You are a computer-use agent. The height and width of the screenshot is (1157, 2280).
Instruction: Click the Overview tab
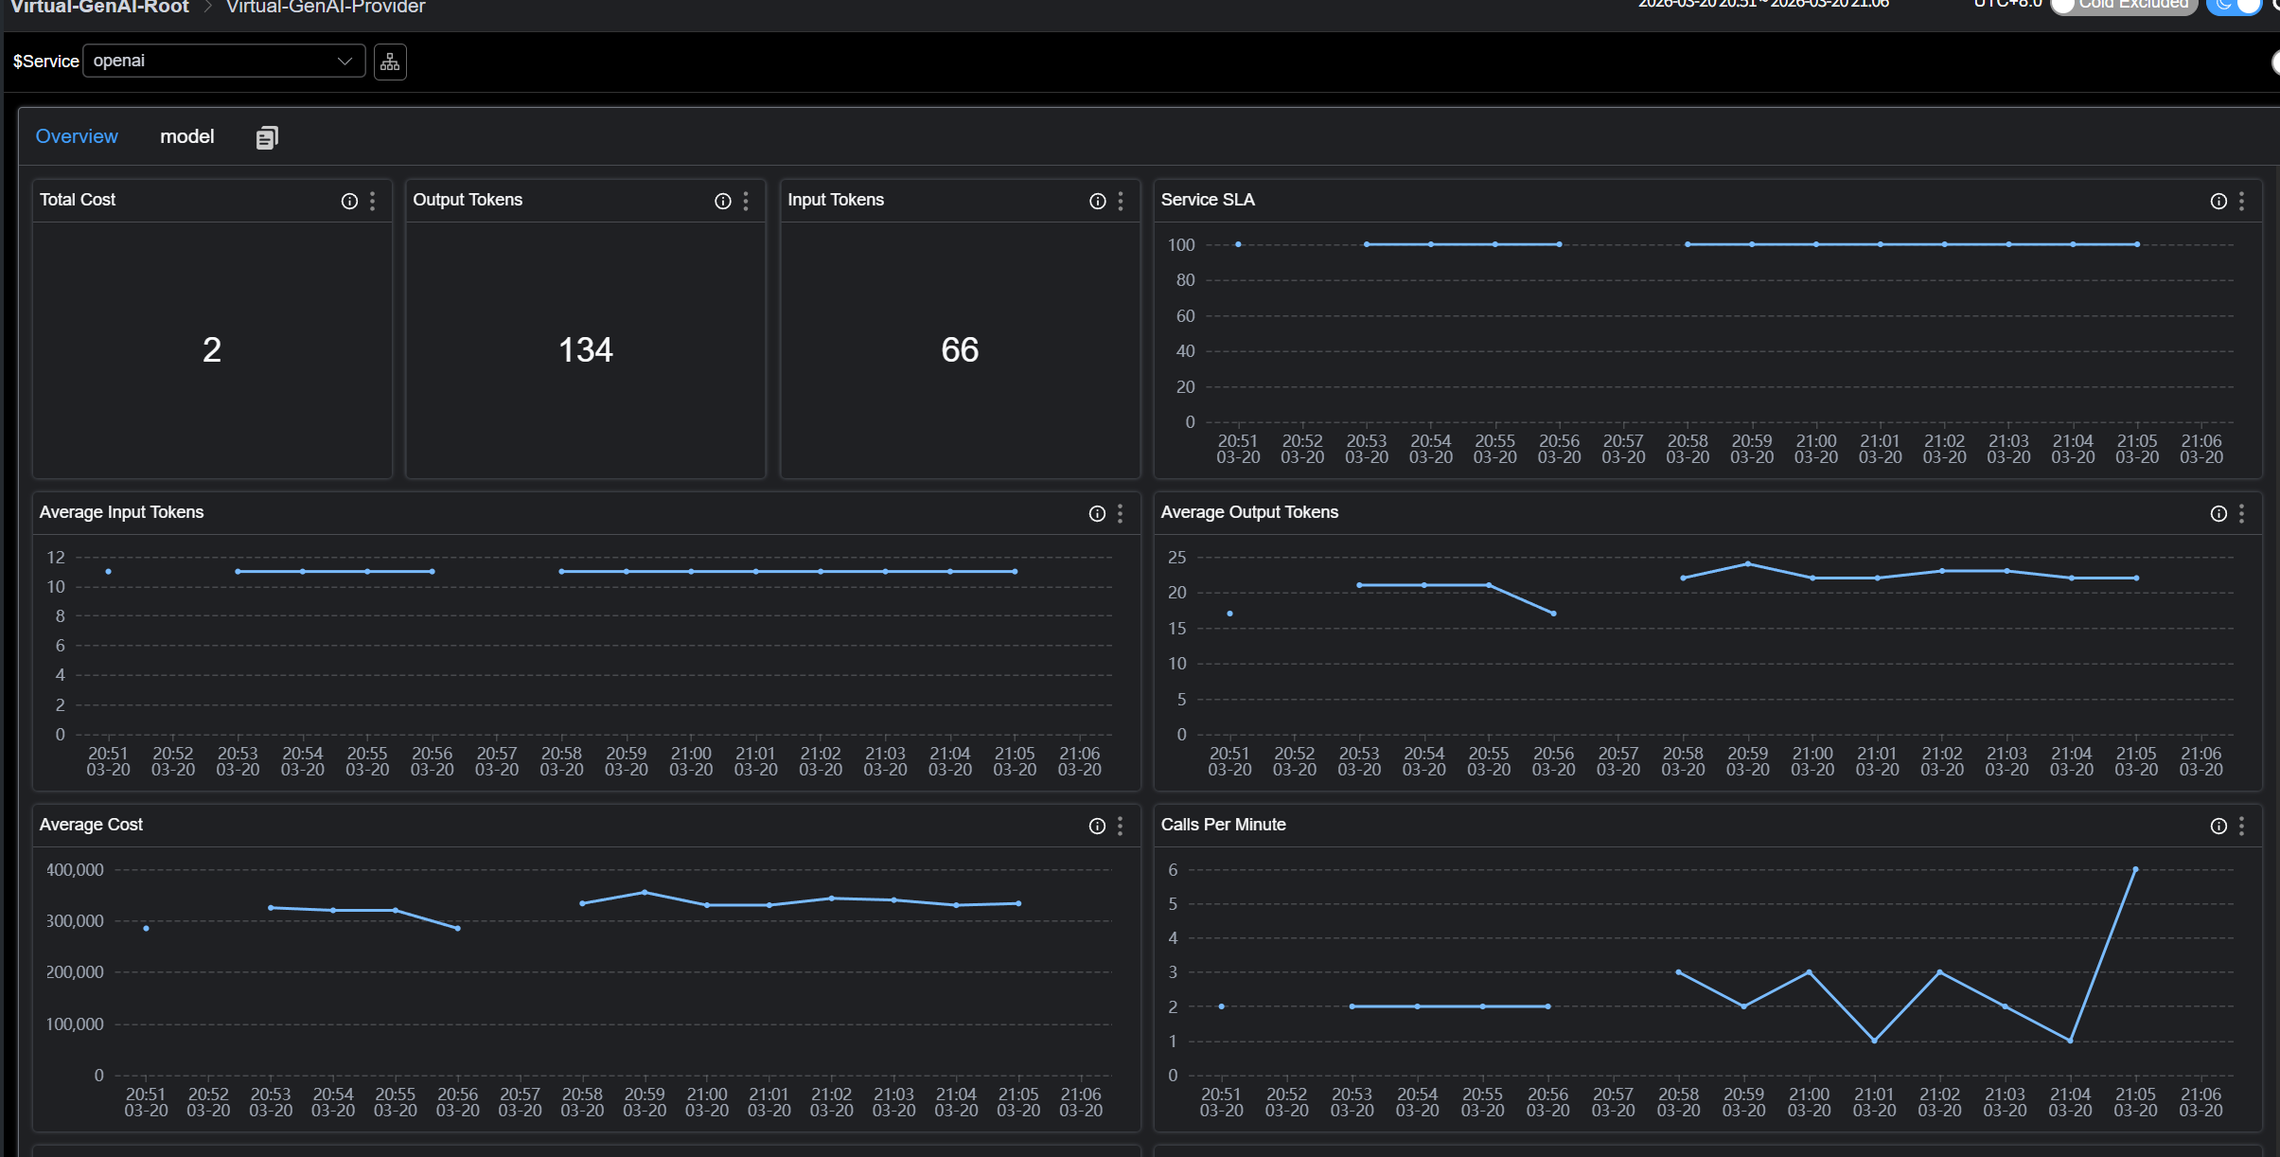pos(77,136)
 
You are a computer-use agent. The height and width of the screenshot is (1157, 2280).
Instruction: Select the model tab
pos(186,136)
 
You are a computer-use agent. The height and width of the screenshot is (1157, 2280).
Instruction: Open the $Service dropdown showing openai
pos(223,61)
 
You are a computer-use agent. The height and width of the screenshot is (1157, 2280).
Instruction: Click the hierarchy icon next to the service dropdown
pos(390,62)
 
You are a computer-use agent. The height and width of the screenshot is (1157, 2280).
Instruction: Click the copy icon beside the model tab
pos(267,138)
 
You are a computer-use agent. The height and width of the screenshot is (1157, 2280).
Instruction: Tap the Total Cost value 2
pos(212,350)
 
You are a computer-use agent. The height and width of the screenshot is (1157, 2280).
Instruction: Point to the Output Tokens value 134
pos(586,350)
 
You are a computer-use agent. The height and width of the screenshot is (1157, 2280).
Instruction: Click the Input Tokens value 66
pos(960,350)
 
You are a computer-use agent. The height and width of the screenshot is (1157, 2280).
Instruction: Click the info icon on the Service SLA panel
pos(2218,201)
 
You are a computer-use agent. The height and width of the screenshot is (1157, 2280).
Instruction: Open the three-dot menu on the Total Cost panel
pos(373,201)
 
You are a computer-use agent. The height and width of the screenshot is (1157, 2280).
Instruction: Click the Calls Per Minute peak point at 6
pos(2135,869)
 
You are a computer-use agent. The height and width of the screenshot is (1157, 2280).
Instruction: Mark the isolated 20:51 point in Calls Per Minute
pos(1222,1006)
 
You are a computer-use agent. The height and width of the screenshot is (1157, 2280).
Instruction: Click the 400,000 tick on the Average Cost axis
pos(75,869)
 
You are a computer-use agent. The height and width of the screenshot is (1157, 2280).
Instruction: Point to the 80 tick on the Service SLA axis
pos(1185,280)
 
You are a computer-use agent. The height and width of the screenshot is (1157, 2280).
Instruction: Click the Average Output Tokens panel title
pos(1249,512)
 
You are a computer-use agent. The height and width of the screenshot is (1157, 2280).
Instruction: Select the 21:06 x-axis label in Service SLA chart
pos(2201,449)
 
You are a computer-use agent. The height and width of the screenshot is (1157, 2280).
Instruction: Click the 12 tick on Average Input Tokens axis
pos(56,557)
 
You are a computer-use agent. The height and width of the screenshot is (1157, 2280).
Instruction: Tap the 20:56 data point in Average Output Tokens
pos(1554,614)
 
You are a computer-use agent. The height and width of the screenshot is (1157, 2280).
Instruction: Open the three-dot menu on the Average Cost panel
pos(1121,826)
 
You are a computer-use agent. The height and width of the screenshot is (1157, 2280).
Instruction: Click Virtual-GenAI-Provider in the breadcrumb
pos(326,8)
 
